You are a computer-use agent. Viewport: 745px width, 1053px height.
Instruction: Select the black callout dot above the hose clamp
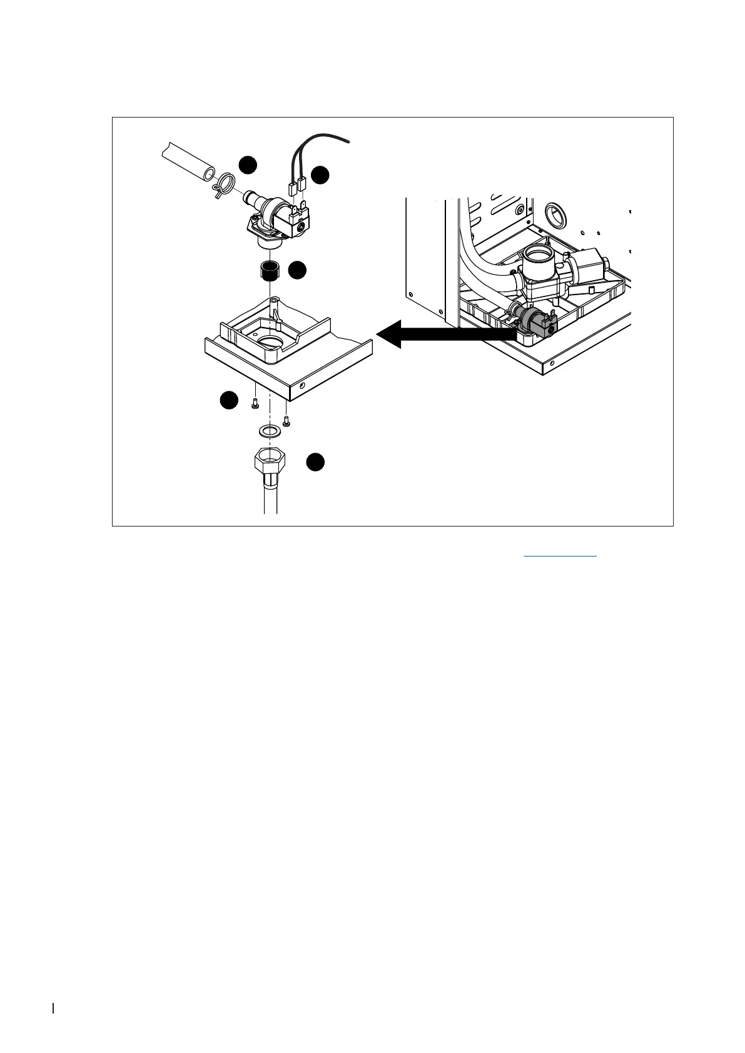pyautogui.click(x=248, y=164)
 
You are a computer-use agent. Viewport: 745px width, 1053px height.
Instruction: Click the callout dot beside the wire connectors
pyautogui.click(x=320, y=176)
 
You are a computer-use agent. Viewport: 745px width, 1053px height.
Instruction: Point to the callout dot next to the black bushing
pyautogui.click(x=297, y=270)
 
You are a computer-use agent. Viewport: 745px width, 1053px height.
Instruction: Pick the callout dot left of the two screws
pyautogui.click(x=229, y=400)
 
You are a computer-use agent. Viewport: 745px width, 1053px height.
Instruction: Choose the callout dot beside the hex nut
pyautogui.click(x=315, y=462)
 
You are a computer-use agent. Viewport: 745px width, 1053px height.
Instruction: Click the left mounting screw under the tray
pyautogui.click(x=255, y=405)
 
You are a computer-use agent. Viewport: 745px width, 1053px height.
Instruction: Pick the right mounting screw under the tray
pyautogui.click(x=286, y=421)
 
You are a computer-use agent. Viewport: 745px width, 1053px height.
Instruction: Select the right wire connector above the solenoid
pyautogui.click(x=302, y=184)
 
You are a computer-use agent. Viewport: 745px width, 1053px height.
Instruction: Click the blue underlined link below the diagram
pyautogui.click(x=559, y=553)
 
